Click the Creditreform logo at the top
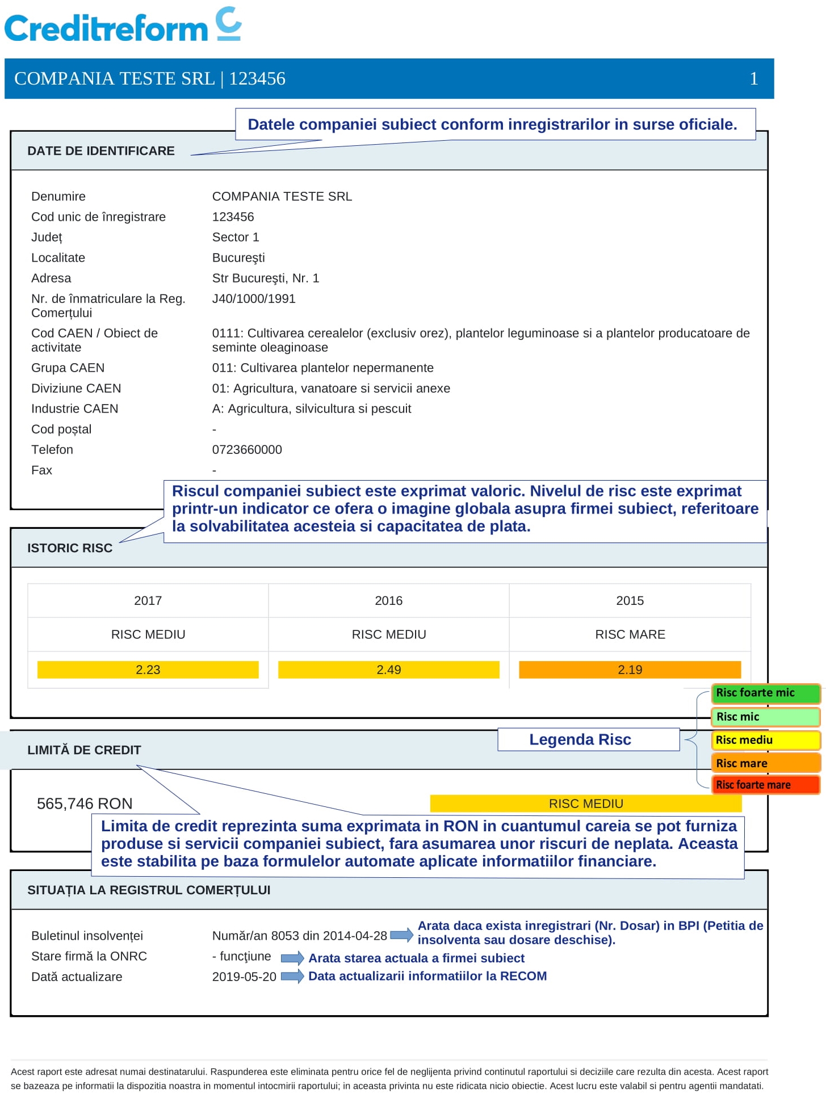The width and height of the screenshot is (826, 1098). (x=123, y=26)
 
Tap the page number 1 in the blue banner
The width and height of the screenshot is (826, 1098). (x=753, y=78)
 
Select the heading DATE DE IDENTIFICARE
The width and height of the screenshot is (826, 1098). (x=101, y=151)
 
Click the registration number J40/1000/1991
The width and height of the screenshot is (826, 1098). (x=254, y=298)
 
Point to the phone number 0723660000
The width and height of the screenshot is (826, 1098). (x=247, y=449)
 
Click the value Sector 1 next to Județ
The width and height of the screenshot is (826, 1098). (x=236, y=237)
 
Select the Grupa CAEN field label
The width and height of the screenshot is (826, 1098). (x=68, y=368)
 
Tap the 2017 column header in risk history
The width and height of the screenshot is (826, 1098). (x=148, y=600)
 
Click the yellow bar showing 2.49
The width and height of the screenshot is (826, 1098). (x=388, y=670)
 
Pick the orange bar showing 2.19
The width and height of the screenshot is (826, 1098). (x=630, y=670)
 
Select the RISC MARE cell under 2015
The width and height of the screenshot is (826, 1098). (x=630, y=634)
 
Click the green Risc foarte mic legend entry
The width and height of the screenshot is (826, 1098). (x=765, y=693)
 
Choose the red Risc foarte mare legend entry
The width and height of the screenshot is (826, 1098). (x=765, y=785)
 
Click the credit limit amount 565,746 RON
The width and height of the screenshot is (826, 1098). (x=85, y=803)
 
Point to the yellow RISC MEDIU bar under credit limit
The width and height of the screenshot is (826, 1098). (x=585, y=803)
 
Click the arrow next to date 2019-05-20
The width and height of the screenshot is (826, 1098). (x=292, y=976)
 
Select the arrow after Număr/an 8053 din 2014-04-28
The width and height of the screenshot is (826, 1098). (x=401, y=935)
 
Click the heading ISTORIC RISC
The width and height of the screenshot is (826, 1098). (x=70, y=548)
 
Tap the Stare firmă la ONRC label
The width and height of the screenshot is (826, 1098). (x=89, y=956)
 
